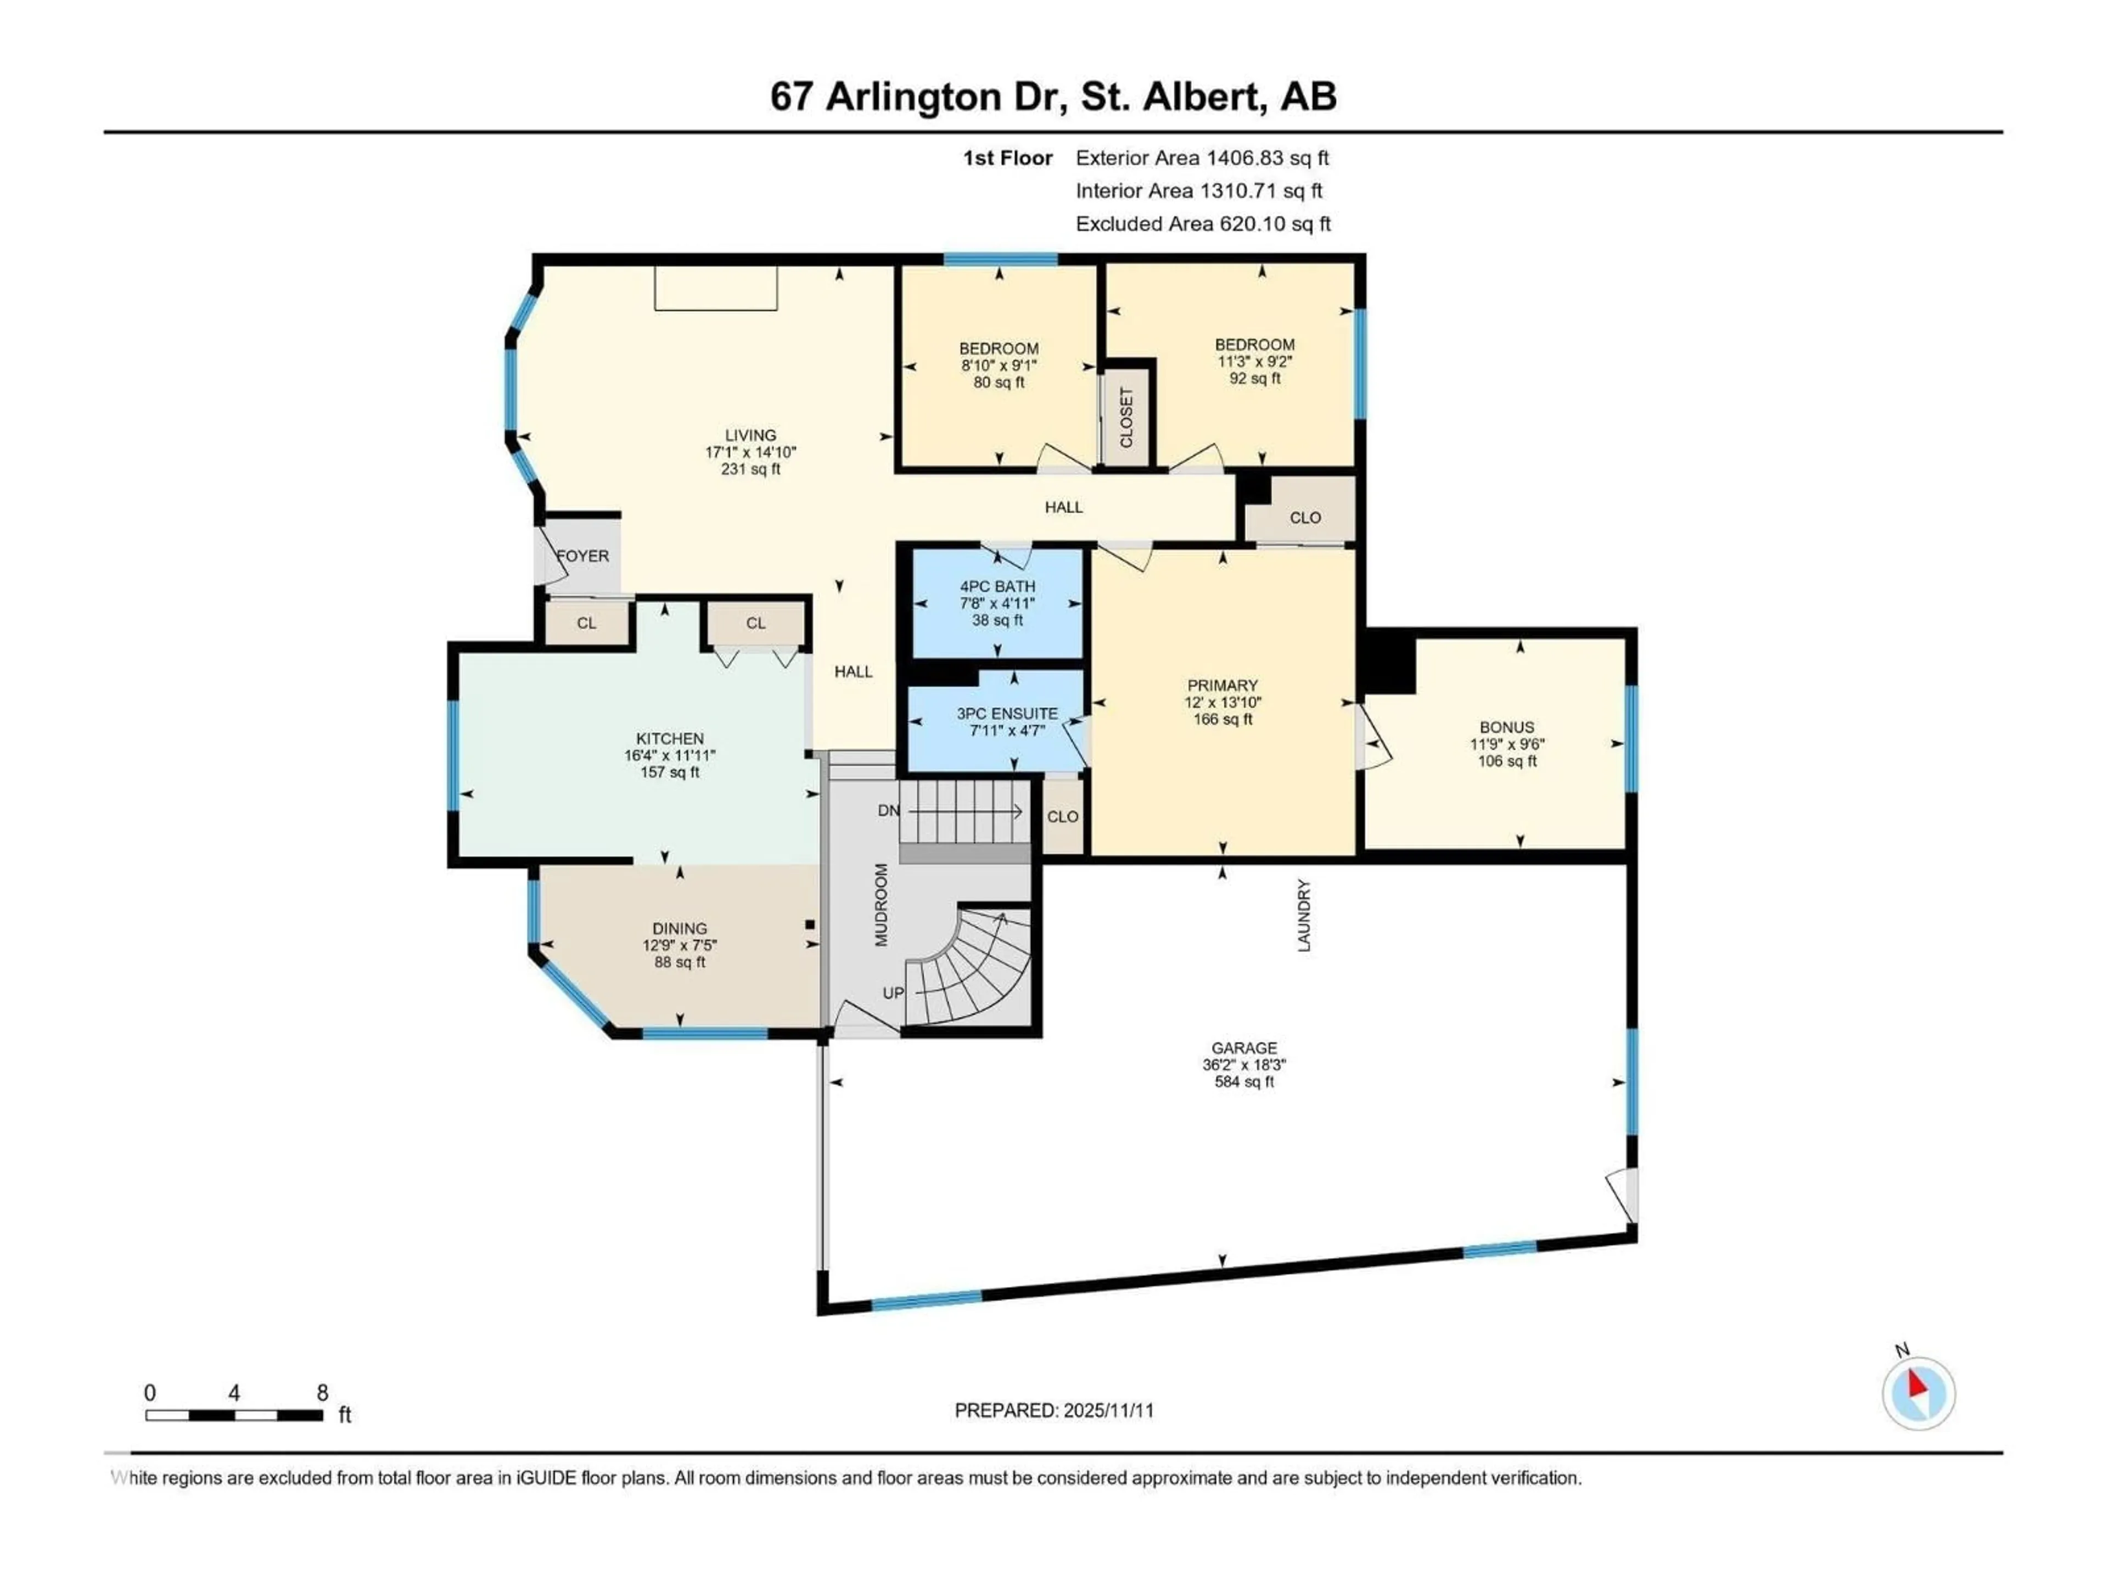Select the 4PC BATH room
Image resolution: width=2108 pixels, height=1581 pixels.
coord(997,602)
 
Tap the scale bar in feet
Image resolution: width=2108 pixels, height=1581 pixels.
coord(234,1415)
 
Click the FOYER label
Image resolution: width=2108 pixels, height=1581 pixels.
coord(582,556)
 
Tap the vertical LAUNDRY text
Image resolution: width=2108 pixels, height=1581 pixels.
coord(1304,915)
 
